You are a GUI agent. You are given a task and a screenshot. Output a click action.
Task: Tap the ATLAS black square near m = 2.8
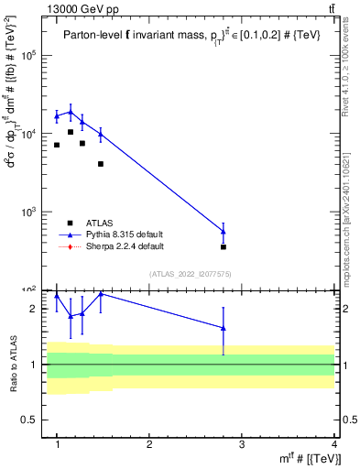click(224, 247)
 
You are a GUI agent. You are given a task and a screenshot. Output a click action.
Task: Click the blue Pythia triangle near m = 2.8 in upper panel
click(224, 231)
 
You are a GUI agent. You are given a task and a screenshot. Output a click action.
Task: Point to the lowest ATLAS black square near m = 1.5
click(101, 164)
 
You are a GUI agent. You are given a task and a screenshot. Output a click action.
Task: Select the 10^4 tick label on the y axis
click(29, 134)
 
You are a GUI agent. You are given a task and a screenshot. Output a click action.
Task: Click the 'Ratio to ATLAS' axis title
click(13, 364)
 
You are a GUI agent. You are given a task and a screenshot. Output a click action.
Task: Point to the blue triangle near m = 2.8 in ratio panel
click(224, 328)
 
